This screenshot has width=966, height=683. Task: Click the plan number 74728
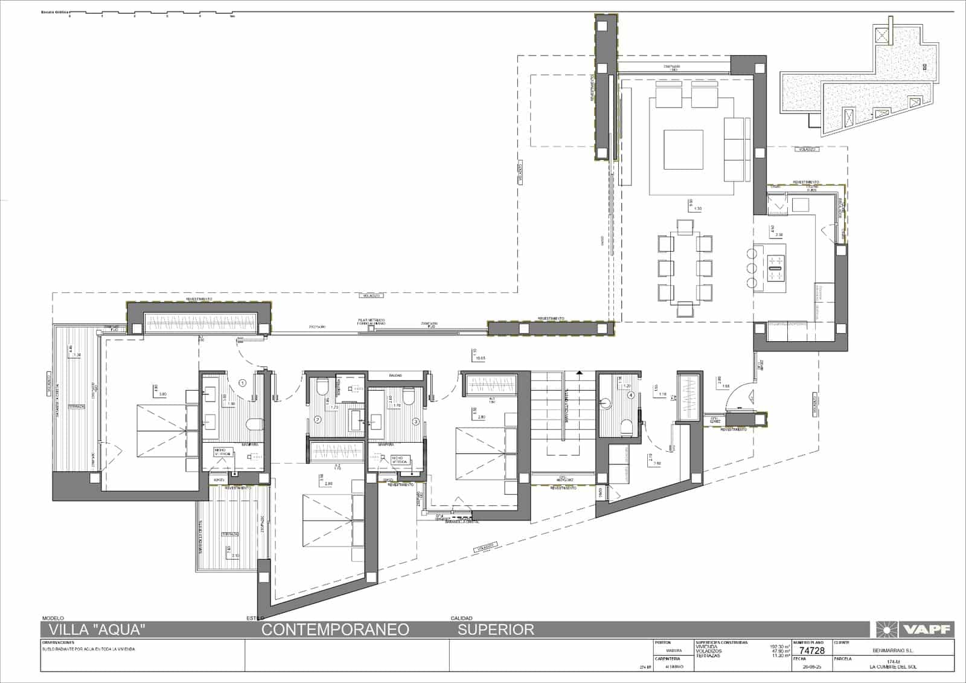pos(811,651)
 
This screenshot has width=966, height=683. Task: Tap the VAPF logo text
pos(927,629)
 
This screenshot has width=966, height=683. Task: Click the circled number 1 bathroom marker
pos(242,382)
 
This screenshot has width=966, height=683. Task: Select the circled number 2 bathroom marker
pos(317,419)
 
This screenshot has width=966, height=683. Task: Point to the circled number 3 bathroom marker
pos(415,421)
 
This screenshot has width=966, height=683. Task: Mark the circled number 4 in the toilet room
pos(632,396)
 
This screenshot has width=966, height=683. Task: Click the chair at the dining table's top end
pos(685,226)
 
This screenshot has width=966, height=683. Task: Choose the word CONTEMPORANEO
pos(335,630)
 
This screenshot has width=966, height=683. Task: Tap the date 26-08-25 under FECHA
pos(812,667)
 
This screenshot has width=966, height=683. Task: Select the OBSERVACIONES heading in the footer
pos(59,643)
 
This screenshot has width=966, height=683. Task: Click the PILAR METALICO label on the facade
pos(371,321)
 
